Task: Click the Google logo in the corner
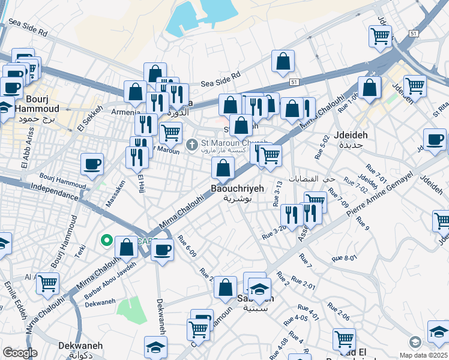(x=20, y=353)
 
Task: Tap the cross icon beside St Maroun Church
(x=191, y=144)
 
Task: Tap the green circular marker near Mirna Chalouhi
(x=107, y=241)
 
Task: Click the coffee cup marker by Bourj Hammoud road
(x=92, y=164)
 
